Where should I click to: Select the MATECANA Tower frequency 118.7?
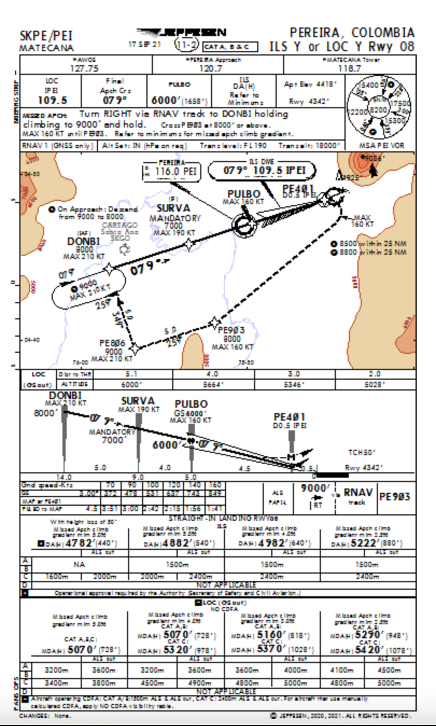tap(349, 68)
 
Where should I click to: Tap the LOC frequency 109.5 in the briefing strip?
tap(52, 100)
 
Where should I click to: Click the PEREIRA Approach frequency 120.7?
tap(211, 68)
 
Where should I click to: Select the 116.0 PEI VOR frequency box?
tap(172, 172)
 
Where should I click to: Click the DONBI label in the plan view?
tap(83, 242)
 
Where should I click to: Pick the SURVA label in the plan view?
tap(173, 208)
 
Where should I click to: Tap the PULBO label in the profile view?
tap(191, 404)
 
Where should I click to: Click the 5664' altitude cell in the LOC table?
tap(213, 385)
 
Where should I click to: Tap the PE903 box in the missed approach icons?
tap(396, 496)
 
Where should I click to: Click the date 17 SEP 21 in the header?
tap(144, 44)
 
